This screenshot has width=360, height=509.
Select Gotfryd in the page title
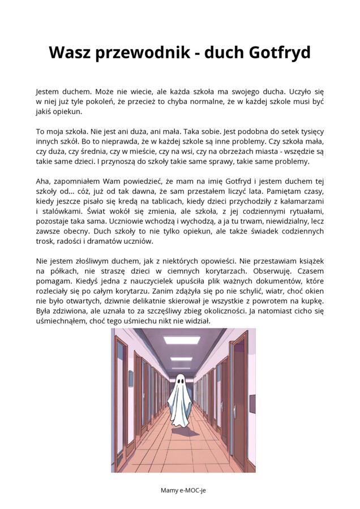coord(280,53)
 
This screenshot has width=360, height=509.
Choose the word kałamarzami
coord(299,201)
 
